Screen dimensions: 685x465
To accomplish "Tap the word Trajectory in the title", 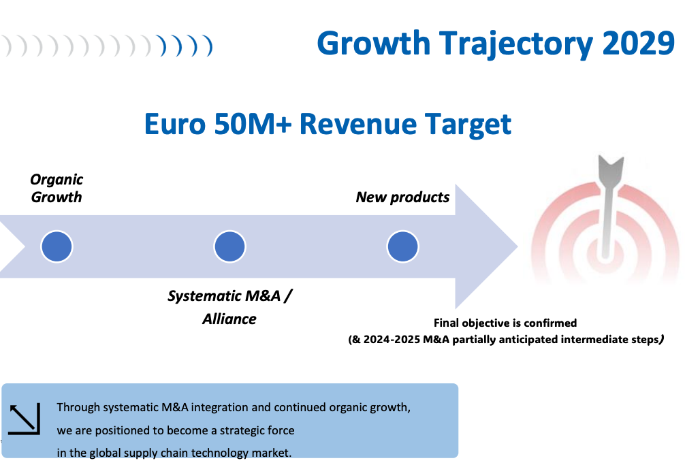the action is [x=516, y=45].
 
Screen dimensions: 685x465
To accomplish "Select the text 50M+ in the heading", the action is [x=253, y=124].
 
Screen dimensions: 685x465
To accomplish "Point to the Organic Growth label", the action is [x=57, y=188].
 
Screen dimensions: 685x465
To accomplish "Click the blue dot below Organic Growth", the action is [x=57, y=246].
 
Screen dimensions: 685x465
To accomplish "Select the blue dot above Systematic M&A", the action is [x=229, y=246].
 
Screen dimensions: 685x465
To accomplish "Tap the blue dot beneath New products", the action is [x=403, y=246].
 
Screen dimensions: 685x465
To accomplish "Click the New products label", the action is [x=403, y=197].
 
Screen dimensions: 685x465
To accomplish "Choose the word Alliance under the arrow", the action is [x=229, y=319].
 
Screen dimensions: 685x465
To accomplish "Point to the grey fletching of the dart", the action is [x=611, y=170].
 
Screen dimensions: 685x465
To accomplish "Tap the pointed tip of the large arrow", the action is [x=517, y=246].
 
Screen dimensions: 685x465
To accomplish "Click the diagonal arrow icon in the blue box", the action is [x=25, y=419].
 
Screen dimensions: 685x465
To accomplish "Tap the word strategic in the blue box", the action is [x=242, y=430].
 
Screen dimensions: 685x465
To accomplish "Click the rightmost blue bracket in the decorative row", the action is [x=208, y=46].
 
